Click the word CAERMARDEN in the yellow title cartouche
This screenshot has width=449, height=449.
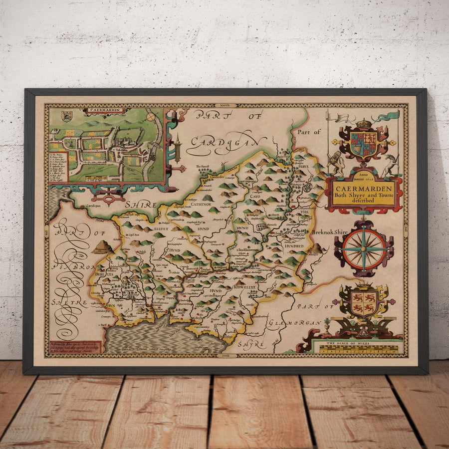363,189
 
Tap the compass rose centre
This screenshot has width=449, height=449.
364,249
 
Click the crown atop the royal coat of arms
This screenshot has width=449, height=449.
364,123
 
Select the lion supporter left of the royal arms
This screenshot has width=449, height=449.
335,162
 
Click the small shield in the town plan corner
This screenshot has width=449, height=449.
65,116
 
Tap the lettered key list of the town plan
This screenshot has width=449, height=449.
59,168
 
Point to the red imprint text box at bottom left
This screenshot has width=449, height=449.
75,347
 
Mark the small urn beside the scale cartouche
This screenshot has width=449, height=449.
327,325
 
